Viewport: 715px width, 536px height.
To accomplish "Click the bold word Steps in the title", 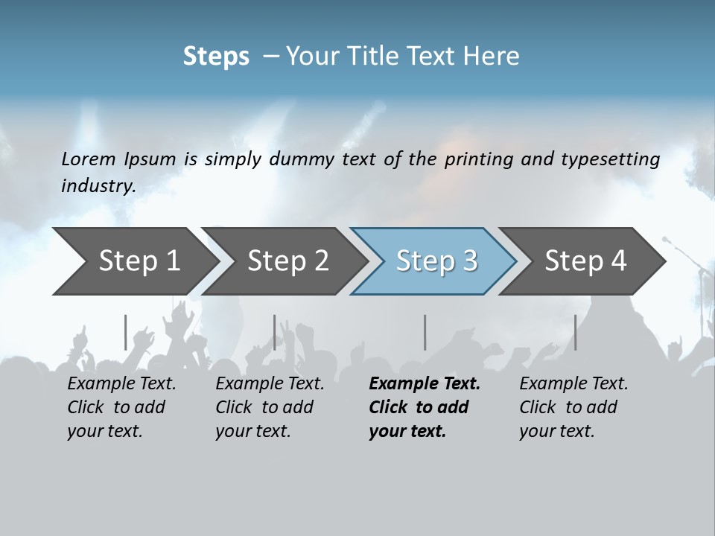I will tap(216, 57).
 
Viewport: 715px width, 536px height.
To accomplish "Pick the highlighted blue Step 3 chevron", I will tap(436, 261).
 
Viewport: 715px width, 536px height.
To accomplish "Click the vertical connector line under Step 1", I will tap(125, 332).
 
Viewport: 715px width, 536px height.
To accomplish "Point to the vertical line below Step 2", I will tap(275, 332).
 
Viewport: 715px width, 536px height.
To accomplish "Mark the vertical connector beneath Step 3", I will tap(425, 332).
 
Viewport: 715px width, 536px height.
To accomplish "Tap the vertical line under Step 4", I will tap(575, 332).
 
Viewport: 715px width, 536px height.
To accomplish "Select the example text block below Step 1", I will tap(121, 407).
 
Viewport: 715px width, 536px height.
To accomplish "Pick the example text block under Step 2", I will tap(270, 407).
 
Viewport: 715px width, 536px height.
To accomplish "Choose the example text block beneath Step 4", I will tap(573, 407).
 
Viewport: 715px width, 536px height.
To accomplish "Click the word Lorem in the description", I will tap(89, 159).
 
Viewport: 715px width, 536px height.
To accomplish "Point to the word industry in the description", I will tap(98, 186).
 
